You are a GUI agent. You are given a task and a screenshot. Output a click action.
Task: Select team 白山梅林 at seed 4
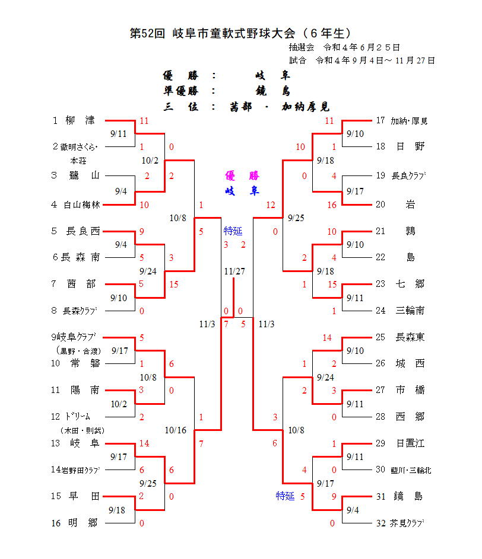(x=83, y=205)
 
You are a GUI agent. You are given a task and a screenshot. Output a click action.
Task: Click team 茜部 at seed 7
(x=82, y=284)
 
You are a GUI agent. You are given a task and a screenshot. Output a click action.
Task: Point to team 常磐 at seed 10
(x=83, y=363)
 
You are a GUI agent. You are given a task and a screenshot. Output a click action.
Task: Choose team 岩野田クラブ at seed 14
(x=79, y=469)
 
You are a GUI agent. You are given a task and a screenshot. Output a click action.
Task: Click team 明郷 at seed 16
(x=83, y=523)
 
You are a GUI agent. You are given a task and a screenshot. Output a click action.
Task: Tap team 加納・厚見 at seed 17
(x=409, y=121)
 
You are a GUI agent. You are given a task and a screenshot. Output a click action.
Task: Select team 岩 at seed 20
(x=410, y=205)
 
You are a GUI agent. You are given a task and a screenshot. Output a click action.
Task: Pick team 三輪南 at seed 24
(x=410, y=310)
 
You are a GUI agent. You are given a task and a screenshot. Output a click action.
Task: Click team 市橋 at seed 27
(x=410, y=390)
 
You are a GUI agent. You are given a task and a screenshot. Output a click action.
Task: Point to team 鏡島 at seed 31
(x=410, y=496)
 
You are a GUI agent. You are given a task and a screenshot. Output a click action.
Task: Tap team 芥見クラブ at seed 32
(x=410, y=523)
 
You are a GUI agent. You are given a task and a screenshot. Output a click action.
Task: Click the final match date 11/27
(x=234, y=271)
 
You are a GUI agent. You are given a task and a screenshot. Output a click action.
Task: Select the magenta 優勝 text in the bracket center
(x=242, y=175)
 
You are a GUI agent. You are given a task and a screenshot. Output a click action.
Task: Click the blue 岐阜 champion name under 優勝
(x=242, y=191)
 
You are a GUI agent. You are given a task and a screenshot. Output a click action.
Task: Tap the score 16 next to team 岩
(x=331, y=205)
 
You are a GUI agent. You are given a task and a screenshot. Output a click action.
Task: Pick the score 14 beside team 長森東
(x=327, y=337)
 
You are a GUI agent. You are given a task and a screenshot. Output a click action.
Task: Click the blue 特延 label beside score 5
(x=285, y=496)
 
